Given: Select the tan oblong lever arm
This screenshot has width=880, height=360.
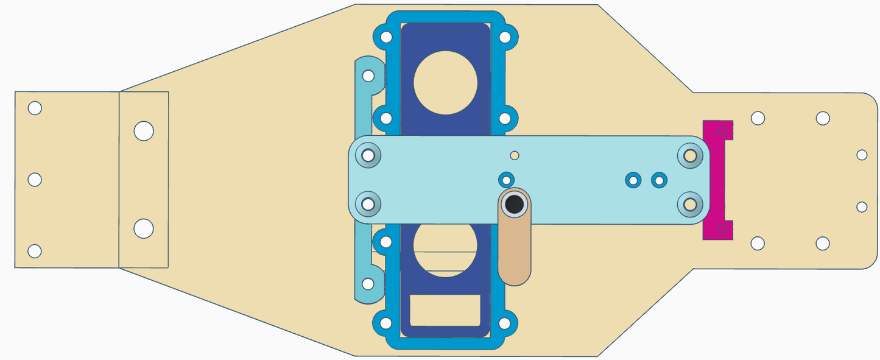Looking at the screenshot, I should pyautogui.click(x=515, y=256).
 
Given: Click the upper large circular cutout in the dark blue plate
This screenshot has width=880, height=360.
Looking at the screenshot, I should pyautogui.click(x=445, y=83).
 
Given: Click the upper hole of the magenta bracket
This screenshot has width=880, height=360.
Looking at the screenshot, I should pyautogui.click(x=722, y=131).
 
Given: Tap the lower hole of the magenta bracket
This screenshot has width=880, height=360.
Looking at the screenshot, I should pyautogui.click(x=722, y=229).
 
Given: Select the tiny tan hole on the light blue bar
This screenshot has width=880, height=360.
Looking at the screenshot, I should pyautogui.click(x=515, y=155).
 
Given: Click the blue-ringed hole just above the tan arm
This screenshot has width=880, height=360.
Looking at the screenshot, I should pyautogui.click(x=505, y=180).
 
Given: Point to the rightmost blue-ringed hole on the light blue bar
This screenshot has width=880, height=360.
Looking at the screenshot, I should pyautogui.click(x=659, y=180).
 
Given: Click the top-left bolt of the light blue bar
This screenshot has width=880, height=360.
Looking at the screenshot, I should pyautogui.click(x=368, y=155).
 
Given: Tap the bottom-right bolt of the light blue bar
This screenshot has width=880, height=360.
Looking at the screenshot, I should pyautogui.click(x=690, y=204).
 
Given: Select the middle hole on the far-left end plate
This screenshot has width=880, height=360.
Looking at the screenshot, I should pyautogui.click(x=35, y=180).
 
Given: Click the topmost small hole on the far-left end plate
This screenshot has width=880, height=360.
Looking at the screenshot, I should pyautogui.click(x=35, y=108).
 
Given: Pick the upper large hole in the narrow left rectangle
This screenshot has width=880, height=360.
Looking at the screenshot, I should pyautogui.click(x=144, y=131).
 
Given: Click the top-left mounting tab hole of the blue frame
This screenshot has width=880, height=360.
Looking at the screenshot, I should pyautogui.click(x=385, y=37).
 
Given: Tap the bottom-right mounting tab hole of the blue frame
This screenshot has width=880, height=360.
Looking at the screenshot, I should pyautogui.click(x=505, y=323).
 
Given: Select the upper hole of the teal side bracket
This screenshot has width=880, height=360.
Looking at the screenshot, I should pyautogui.click(x=368, y=76).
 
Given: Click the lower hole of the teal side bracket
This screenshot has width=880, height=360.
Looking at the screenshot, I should pyautogui.click(x=368, y=284).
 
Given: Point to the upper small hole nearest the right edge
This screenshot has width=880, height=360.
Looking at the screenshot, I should pyautogui.click(x=862, y=155).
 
